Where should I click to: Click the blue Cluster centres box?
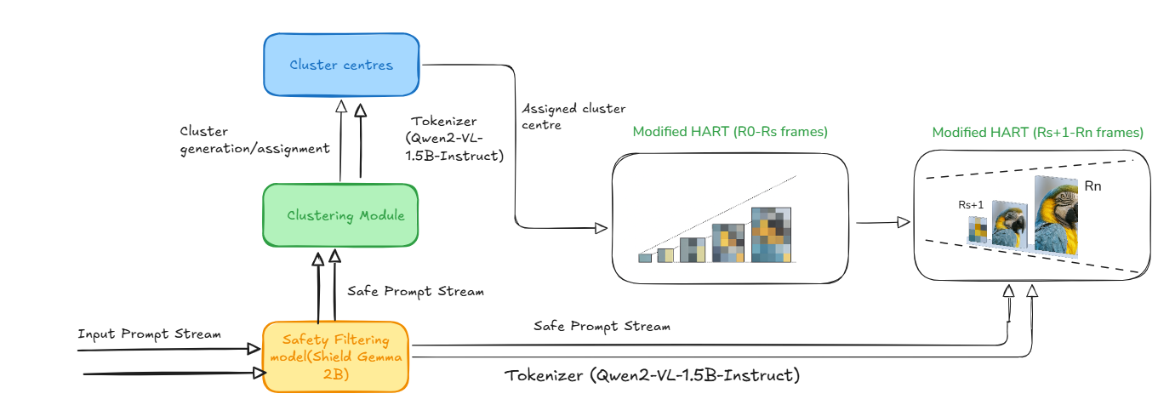pos(341,65)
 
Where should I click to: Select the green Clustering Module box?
pos(340,215)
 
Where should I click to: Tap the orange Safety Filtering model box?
pos(335,357)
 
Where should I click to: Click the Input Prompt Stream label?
pos(150,334)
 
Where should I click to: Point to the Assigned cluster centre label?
pos(573,117)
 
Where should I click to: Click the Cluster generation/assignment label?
pos(254,140)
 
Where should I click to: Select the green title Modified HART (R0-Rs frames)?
pos(730,132)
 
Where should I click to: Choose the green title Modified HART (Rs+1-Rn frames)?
pos(1037,133)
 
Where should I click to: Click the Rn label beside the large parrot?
pos(1092,186)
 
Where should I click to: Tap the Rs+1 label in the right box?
pos(971,205)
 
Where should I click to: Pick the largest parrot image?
pos(1056,216)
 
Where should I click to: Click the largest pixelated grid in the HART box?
pos(771,235)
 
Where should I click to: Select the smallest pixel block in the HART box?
pos(645,258)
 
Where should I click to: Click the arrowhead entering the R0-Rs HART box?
pos(602,227)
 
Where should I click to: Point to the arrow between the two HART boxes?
pos(883,222)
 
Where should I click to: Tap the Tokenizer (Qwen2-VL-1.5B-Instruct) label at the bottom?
pos(653,375)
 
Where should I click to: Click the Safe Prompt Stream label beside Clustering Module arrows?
pos(416,292)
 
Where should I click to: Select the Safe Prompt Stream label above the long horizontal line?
pos(602,327)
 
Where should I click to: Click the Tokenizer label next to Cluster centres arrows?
pos(454,139)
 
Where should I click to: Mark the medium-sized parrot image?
pos(1009,225)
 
